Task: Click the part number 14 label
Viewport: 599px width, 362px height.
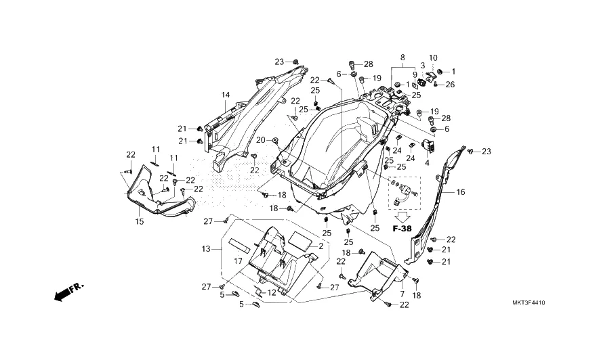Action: [x=226, y=95]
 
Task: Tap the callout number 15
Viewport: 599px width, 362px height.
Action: [x=140, y=222]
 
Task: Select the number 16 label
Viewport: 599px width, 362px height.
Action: [x=461, y=192]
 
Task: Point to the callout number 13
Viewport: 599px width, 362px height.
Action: [x=206, y=249]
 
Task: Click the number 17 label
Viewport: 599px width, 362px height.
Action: [x=239, y=262]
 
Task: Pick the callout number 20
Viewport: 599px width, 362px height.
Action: [x=260, y=141]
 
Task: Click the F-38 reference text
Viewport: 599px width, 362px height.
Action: [x=402, y=229]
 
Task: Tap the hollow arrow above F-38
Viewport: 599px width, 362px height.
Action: [x=402, y=217]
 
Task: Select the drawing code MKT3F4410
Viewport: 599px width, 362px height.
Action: [x=529, y=303]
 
